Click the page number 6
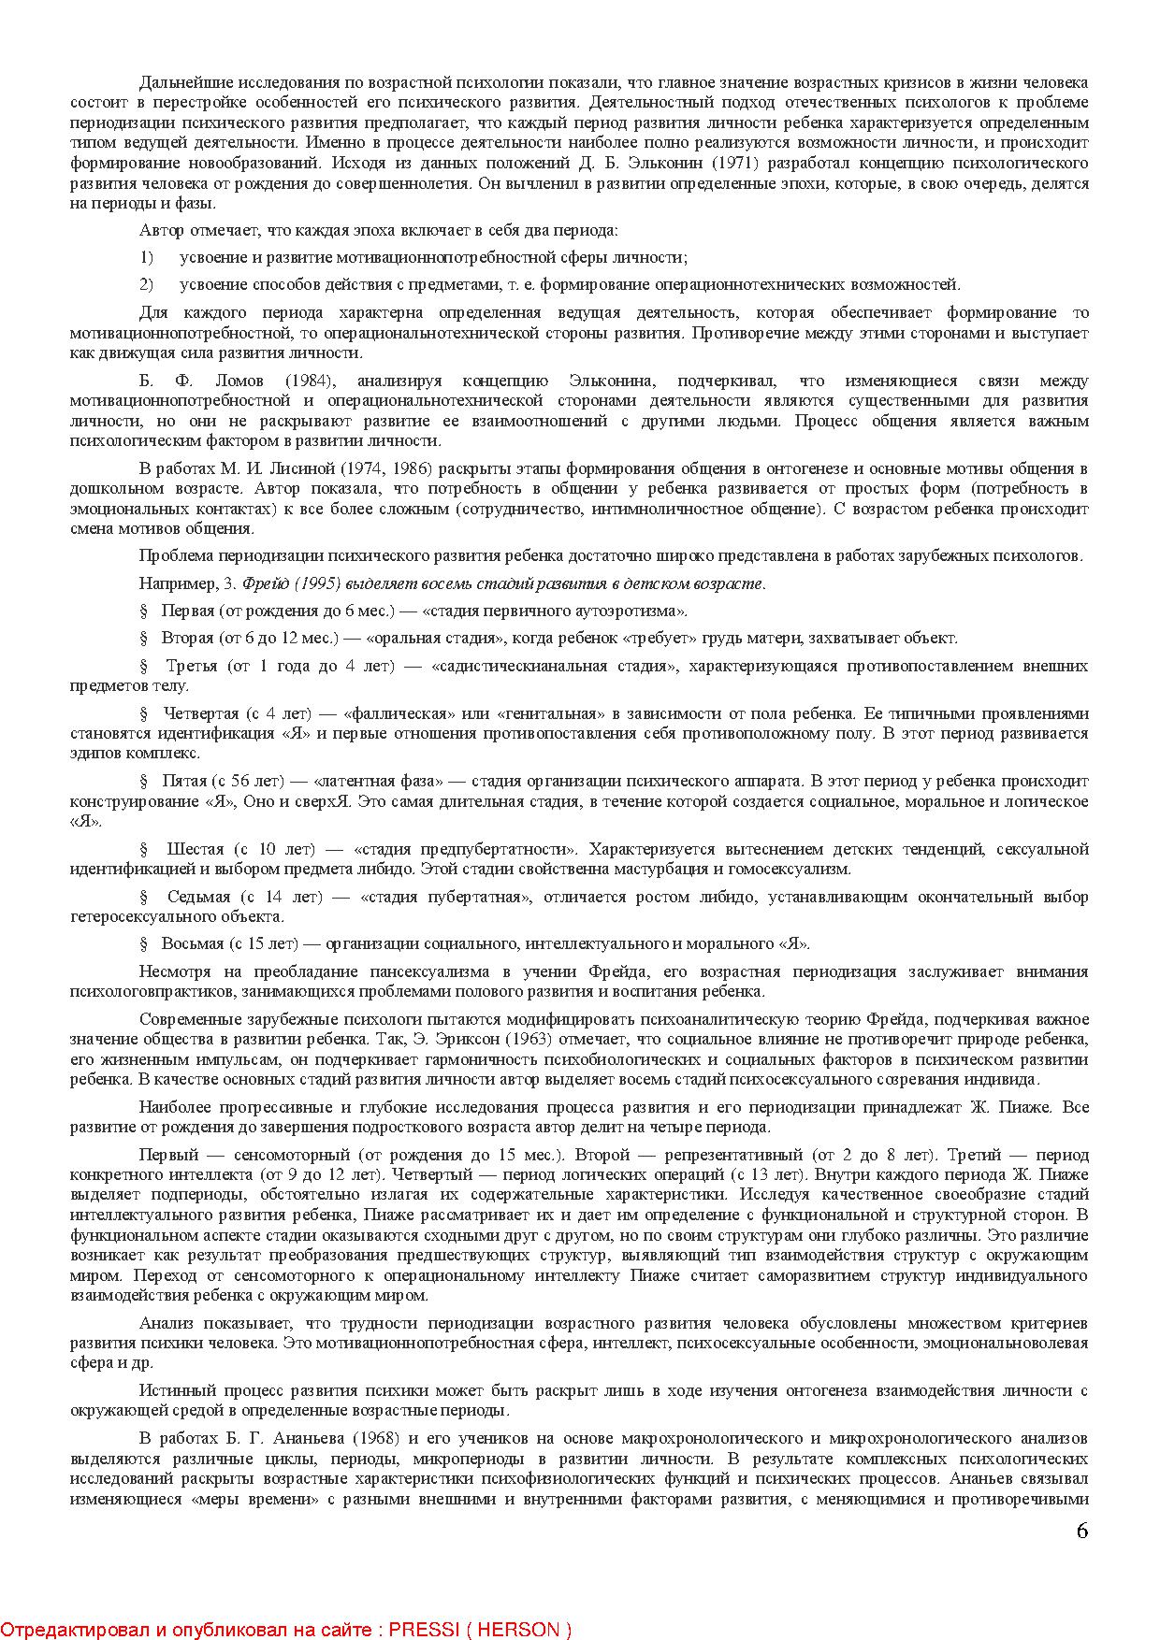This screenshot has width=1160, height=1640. point(1082,1532)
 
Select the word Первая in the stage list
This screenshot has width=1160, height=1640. point(187,611)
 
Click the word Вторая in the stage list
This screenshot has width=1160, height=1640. point(187,638)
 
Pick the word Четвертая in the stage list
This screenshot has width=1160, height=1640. point(199,713)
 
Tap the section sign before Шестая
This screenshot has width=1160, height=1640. point(144,849)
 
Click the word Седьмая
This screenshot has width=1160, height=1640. point(198,897)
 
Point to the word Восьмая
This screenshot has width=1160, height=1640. point(193,943)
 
